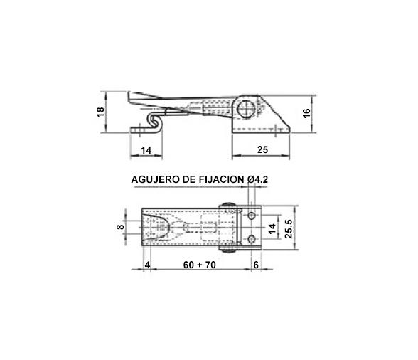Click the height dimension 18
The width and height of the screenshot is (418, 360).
click(100, 112)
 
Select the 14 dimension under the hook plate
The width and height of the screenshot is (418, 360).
click(146, 150)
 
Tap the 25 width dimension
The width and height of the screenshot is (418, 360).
click(262, 150)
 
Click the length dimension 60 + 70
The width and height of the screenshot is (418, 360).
click(198, 265)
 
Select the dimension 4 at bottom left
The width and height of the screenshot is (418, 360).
click(147, 265)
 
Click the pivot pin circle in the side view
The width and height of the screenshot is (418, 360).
click(245, 108)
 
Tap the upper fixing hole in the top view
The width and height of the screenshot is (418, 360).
click(252, 216)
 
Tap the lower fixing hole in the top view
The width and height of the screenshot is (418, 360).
click(252, 238)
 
